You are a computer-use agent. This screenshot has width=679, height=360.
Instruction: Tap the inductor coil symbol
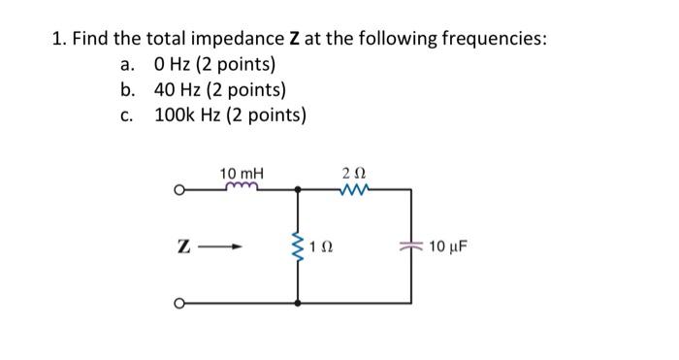(x=241, y=188)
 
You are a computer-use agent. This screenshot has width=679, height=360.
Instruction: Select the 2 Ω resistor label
(x=354, y=173)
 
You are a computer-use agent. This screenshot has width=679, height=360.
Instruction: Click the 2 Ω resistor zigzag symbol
(x=354, y=189)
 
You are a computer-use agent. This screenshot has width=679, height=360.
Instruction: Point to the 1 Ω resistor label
(x=324, y=246)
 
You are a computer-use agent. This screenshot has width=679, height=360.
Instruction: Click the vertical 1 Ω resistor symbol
(x=298, y=246)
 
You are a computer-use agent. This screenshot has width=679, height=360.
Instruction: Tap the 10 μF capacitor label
(x=447, y=246)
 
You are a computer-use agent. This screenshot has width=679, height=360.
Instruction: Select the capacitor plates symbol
(x=411, y=246)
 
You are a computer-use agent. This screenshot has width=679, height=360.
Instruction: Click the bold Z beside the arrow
(x=182, y=246)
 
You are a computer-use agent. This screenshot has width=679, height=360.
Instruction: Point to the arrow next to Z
(x=223, y=246)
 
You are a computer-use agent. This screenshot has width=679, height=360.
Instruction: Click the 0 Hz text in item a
(x=175, y=65)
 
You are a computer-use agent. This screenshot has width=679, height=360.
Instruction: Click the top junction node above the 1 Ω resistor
(x=298, y=190)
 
